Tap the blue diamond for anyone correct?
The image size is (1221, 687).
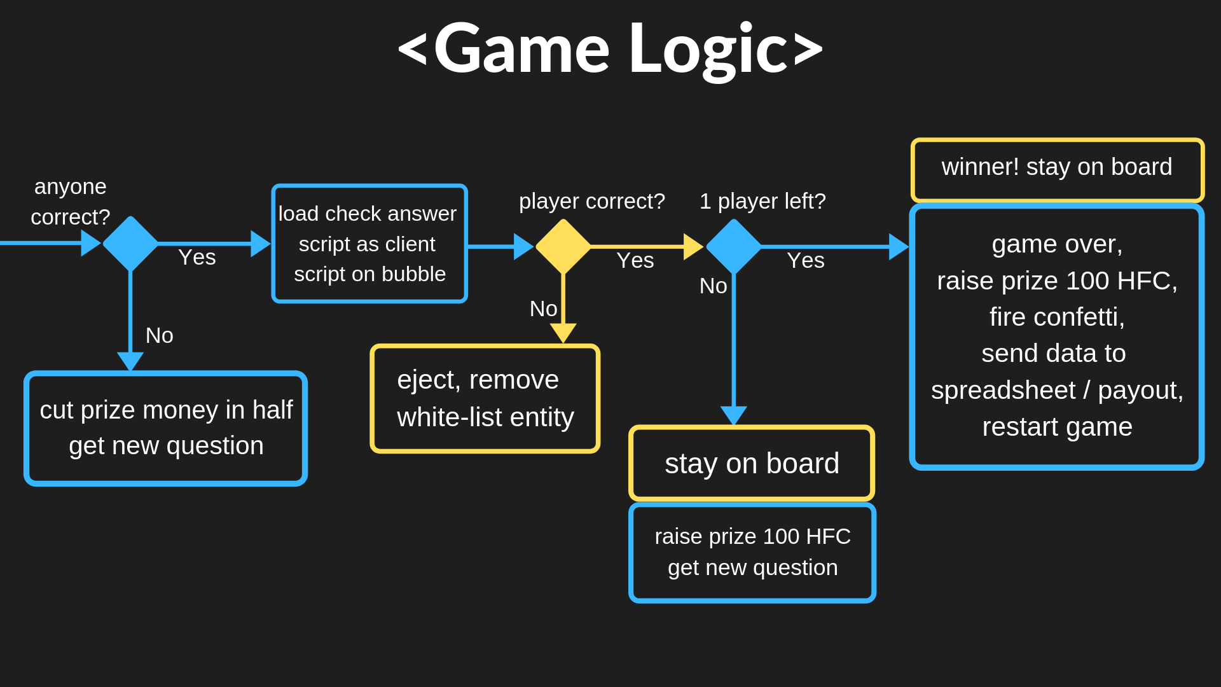point(130,243)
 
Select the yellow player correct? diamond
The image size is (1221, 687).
point(563,246)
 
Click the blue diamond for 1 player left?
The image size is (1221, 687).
point(734,246)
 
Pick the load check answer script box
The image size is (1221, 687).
point(369,244)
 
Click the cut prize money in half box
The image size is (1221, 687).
point(165,428)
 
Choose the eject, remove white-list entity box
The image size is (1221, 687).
point(485,399)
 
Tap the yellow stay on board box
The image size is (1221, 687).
point(752,463)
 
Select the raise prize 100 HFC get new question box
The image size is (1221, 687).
point(752,552)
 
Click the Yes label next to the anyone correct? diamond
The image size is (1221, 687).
point(197,258)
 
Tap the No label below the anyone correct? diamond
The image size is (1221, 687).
point(159,335)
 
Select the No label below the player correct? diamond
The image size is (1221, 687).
point(543,309)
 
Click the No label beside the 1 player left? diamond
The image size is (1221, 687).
point(713,286)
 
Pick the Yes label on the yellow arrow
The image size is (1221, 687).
point(635,260)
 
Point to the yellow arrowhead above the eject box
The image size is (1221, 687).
point(563,332)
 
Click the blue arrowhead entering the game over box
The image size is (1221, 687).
point(898,246)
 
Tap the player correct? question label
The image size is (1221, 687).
point(591,201)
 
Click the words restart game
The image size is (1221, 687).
point(1057,427)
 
